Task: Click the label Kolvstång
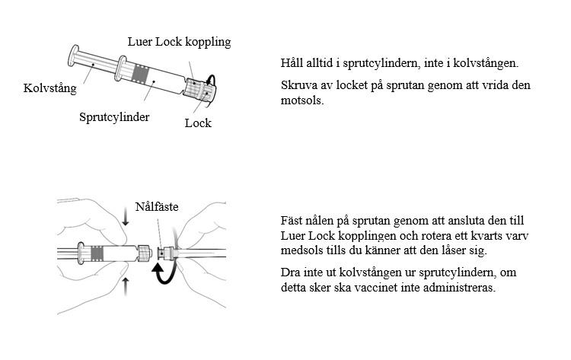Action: point(51,89)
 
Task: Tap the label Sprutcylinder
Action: point(114,117)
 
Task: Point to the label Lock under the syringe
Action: point(198,123)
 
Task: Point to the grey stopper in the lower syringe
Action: point(97,253)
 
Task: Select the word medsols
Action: point(298,250)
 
